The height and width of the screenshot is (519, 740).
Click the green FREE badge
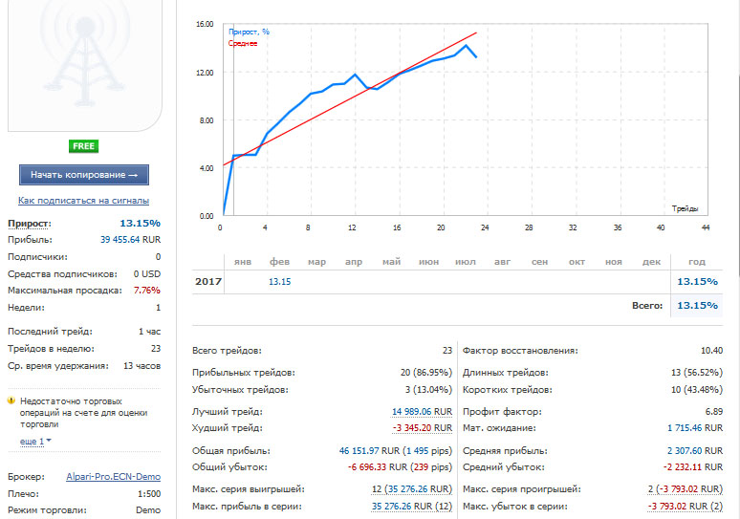tap(83, 146)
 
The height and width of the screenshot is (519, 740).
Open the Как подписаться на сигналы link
tap(83, 201)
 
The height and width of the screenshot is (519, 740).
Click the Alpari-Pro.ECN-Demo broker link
tap(113, 477)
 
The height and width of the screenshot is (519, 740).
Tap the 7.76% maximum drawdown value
tap(147, 291)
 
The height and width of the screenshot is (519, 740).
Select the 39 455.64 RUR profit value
tap(130, 240)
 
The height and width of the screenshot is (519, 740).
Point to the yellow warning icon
tap(11, 400)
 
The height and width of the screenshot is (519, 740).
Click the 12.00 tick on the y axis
tap(205, 73)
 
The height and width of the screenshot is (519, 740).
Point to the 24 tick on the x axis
tap(485, 227)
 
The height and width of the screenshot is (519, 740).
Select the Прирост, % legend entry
tap(249, 32)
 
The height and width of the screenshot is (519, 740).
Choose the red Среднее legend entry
tap(243, 43)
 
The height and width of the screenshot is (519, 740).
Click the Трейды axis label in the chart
tap(685, 208)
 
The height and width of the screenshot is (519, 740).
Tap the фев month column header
tap(279, 262)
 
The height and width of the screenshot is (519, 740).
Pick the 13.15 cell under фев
tap(279, 282)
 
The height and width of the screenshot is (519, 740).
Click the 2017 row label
tap(208, 282)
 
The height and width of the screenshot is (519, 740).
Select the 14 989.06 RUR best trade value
tap(422, 411)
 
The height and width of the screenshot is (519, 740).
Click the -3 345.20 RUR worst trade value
tap(423, 428)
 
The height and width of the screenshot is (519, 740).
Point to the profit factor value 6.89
tap(714, 411)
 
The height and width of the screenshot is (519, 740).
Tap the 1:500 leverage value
tap(149, 494)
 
